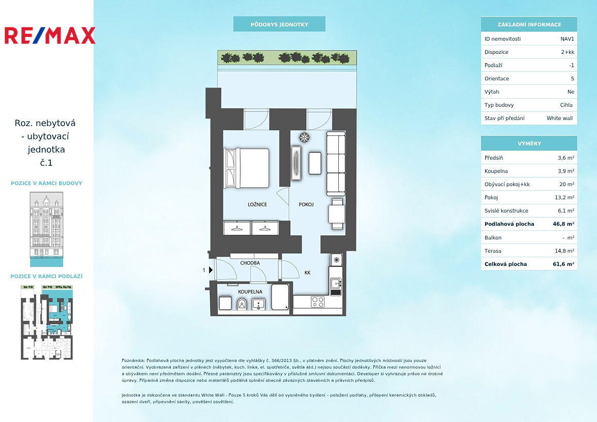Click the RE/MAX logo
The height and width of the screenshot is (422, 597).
(x=49, y=36)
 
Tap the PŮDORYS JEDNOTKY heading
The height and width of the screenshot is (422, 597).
(x=280, y=24)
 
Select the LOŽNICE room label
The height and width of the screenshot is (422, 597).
(x=257, y=204)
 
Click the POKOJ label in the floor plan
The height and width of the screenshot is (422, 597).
(x=306, y=204)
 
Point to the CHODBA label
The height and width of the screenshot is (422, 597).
(x=250, y=263)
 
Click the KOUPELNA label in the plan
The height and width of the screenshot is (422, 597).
(x=250, y=292)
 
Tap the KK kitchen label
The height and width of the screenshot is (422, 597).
(x=308, y=273)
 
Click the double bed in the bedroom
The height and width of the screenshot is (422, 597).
(x=247, y=168)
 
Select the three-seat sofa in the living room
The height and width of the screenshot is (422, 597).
(x=336, y=163)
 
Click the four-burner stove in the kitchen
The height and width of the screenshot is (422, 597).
(x=317, y=302)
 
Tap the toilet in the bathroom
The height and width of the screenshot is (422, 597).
(x=242, y=304)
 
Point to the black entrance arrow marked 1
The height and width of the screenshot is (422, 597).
(x=211, y=270)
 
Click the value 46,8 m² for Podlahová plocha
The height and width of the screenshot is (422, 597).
(x=563, y=224)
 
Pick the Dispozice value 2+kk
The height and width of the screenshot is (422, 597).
(x=568, y=52)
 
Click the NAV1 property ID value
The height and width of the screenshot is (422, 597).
(x=568, y=39)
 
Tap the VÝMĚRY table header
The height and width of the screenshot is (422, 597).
(x=529, y=143)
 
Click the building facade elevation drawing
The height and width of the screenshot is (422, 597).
(x=46, y=229)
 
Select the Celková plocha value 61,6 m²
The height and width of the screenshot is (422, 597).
(x=563, y=264)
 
